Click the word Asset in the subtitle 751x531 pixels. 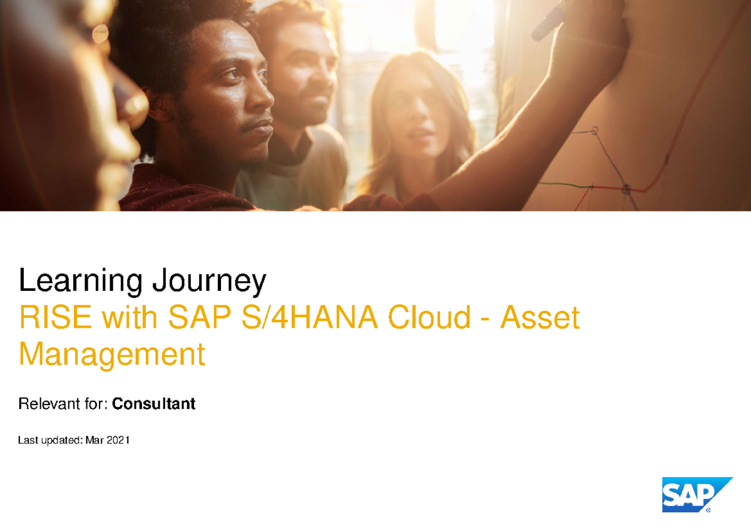[x=539, y=318]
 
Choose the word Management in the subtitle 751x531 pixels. [x=112, y=355]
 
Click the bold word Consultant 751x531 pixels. [x=154, y=404]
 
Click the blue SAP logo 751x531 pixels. [x=697, y=495]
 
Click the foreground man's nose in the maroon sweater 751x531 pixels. [x=262, y=100]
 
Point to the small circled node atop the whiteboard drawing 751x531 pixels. [x=595, y=131]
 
